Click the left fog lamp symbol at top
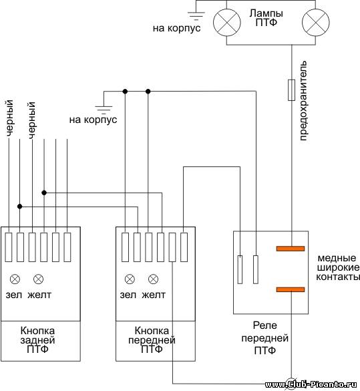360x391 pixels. [226, 22]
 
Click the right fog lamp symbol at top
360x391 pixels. [316, 22]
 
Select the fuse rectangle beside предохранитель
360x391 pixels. [291, 90]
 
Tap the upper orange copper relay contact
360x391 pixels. [291, 249]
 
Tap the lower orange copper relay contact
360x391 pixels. [291, 289]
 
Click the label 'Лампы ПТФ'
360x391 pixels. [266, 17]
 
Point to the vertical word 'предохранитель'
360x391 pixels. [303, 101]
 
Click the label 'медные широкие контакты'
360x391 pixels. [338, 267]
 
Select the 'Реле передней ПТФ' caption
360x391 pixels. [265, 338]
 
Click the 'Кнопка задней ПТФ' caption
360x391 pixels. [37, 340]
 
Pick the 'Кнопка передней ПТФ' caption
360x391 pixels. [152, 340]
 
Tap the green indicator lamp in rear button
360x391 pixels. [15, 279]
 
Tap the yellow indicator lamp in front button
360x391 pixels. [153, 279]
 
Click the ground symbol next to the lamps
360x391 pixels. [196, 15]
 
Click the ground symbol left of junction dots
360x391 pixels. [104, 110]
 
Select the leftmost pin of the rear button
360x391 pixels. [9, 247]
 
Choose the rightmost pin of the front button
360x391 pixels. [184, 247]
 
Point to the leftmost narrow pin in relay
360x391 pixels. [240, 269]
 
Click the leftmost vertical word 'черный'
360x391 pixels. [9, 118]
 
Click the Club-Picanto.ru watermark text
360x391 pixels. [311, 384]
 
